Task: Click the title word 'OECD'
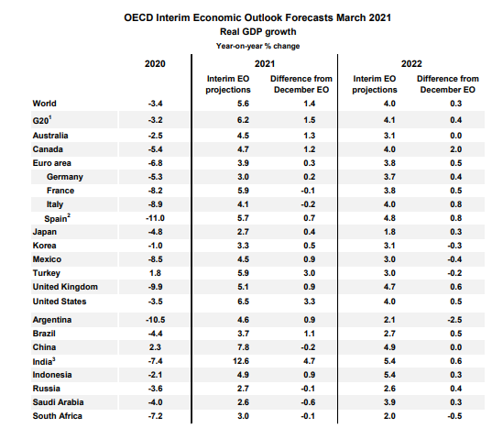pos(138,17)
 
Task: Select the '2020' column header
pos(155,64)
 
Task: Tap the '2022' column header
pos(411,64)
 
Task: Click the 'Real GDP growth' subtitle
pos(258,32)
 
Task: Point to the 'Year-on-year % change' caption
pos(258,46)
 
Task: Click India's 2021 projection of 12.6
pos(241,361)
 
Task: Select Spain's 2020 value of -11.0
pos(155,218)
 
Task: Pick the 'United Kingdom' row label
pos(65,287)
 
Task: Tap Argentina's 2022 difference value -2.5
pos(454,320)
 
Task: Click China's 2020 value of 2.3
pos(155,347)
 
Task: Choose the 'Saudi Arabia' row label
pos(59,402)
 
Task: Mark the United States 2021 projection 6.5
pos(243,302)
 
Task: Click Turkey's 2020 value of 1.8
pos(156,273)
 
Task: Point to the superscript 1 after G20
pos(50,117)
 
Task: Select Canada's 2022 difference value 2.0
pos(456,149)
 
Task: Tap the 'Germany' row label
pos(65,177)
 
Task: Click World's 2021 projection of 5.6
pos(243,104)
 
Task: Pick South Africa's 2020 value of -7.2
pos(156,416)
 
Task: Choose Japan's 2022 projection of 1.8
pos(389,232)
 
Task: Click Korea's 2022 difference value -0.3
pos(454,246)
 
